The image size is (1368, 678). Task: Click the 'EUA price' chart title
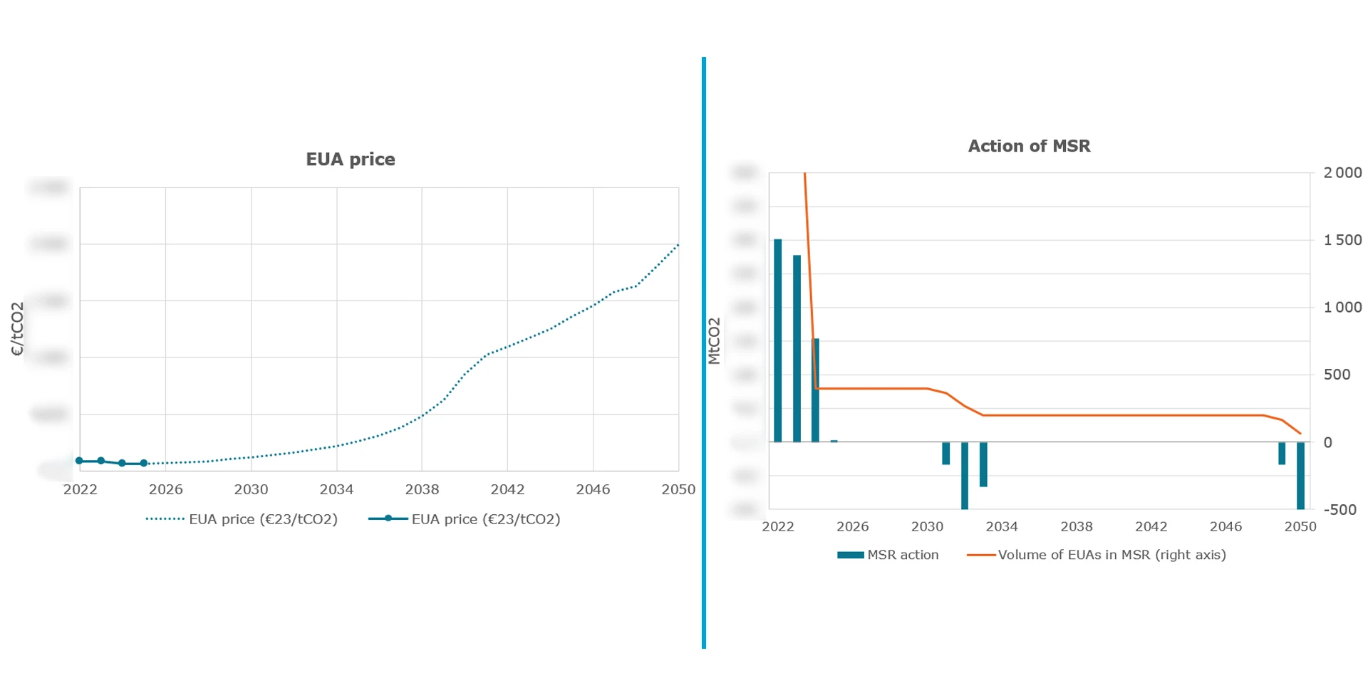350,160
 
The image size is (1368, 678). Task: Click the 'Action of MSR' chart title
1028,146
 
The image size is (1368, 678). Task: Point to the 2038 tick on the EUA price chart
422,489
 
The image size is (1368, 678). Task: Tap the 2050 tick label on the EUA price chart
678,489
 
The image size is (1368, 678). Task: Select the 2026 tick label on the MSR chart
852,526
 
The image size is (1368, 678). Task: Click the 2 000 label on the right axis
1342,173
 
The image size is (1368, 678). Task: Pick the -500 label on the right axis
1339,509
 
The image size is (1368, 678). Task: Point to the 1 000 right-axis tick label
1342,307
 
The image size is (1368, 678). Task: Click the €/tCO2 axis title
17,328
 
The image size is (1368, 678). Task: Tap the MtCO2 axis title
714,341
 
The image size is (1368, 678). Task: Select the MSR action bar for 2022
778,340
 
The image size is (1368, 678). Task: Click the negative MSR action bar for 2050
1300,475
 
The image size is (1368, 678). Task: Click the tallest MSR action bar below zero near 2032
965,475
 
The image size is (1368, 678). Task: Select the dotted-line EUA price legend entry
242,519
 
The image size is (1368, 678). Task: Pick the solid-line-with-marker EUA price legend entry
464,519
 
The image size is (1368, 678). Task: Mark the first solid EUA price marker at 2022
80,461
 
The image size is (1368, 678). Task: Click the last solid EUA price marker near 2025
144,463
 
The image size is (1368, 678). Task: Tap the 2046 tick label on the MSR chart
1225,526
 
